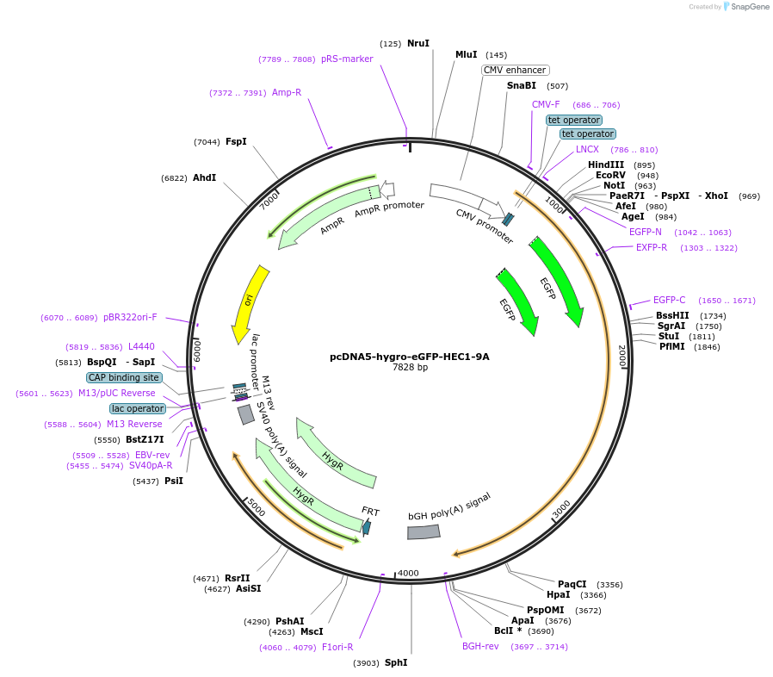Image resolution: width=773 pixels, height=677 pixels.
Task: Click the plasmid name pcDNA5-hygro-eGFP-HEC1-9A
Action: pyautogui.click(x=410, y=356)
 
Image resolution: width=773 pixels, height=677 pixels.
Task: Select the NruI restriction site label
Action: pyautogui.click(x=418, y=43)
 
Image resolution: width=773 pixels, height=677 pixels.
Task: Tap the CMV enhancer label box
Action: pyautogui.click(x=515, y=70)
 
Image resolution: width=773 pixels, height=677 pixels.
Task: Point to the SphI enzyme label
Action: pyautogui.click(x=396, y=662)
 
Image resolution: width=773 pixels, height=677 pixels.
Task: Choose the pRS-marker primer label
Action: pyautogui.click(x=347, y=59)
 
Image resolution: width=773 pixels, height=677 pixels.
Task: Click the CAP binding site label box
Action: pyautogui.click(x=124, y=377)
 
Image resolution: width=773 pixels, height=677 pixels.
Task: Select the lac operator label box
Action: pyautogui.click(x=137, y=408)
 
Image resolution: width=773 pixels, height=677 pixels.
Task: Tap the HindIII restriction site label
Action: pyautogui.click(x=606, y=165)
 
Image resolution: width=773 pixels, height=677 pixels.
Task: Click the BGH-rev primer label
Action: pyautogui.click(x=480, y=646)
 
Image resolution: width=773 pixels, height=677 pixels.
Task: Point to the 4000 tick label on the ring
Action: pyautogui.click(x=408, y=573)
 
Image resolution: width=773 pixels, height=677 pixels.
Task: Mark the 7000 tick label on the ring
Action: pyautogui.click(x=269, y=200)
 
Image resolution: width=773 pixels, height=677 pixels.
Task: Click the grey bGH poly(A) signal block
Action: pyautogui.click(x=424, y=532)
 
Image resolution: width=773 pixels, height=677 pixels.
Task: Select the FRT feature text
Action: pyautogui.click(x=370, y=512)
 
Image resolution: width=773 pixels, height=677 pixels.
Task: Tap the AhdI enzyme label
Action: pyautogui.click(x=204, y=177)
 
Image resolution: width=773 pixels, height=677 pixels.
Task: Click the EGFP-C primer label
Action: pyautogui.click(x=669, y=300)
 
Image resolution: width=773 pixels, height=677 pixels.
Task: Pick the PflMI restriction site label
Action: pyautogui.click(x=671, y=346)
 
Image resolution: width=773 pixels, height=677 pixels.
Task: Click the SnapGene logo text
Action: pyautogui.click(x=751, y=7)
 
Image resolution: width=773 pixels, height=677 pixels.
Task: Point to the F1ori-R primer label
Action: pyautogui.click(x=337, y=647)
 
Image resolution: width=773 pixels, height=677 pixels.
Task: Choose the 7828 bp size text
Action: pyautogui.click(x=410, y=368)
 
